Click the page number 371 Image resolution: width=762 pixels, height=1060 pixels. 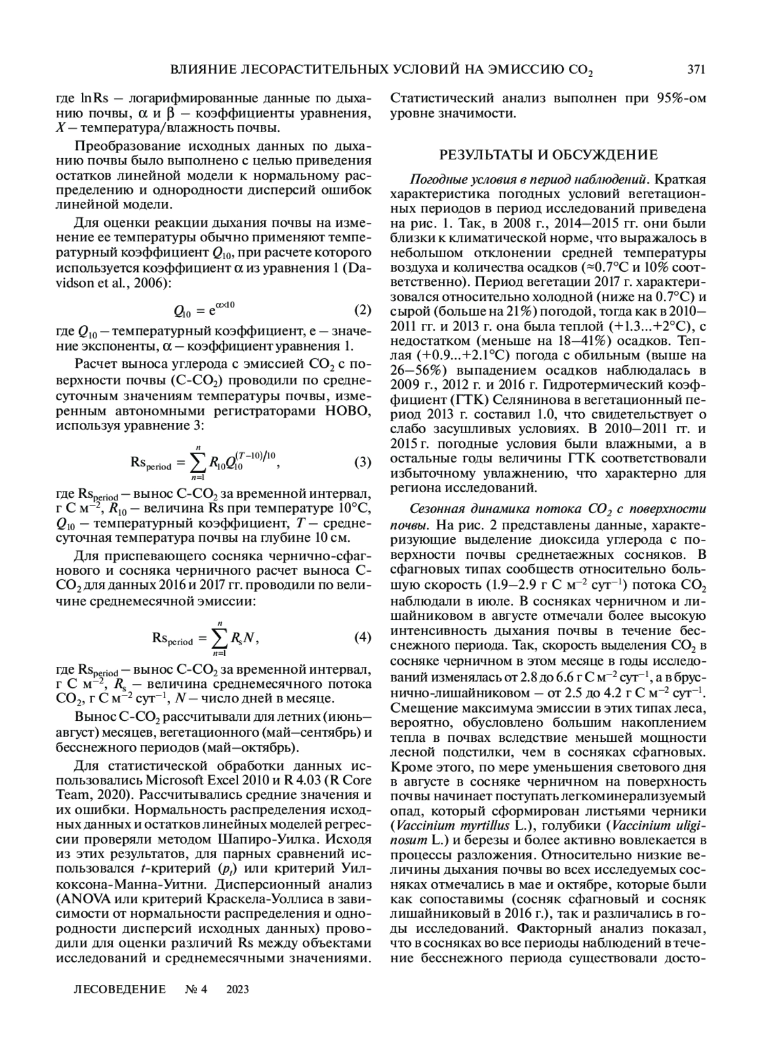696,69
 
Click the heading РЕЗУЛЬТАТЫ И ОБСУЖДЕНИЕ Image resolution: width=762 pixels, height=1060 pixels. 549,154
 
